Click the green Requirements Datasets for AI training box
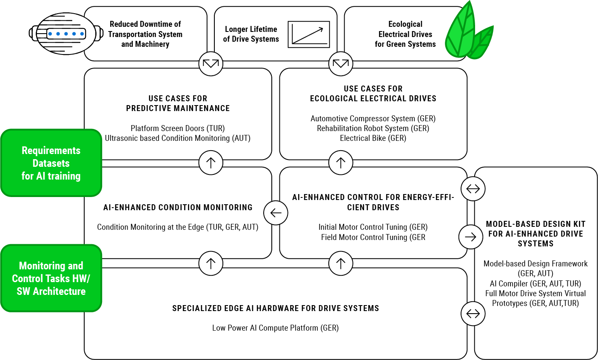[x=51, y=163]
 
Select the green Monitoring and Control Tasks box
[x=51, y=278]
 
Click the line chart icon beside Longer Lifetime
[x=309, y=34]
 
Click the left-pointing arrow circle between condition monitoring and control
[x=276, y=213]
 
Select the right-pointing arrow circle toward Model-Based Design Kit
[x=471, y=237]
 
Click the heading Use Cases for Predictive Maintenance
[x=178, y=103]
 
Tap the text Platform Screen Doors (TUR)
[x=178, y=128]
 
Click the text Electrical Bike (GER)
[x=373, y=138]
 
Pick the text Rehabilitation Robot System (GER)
[x=373, y=128]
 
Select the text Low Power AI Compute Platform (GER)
[x=276, y=328]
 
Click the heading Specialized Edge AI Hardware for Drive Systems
[x=276, y=308]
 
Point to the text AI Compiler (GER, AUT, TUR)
[x=535, y=283]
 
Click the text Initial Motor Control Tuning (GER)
[x=373, y=227]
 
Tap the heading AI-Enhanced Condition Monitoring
[x=178, y=207]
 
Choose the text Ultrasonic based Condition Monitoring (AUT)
[x=178, y=138]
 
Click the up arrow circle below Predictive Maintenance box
[x=211, y=163]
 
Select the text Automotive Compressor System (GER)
[x=373, y=118]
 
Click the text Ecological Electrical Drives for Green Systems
[x=405, y=34]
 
